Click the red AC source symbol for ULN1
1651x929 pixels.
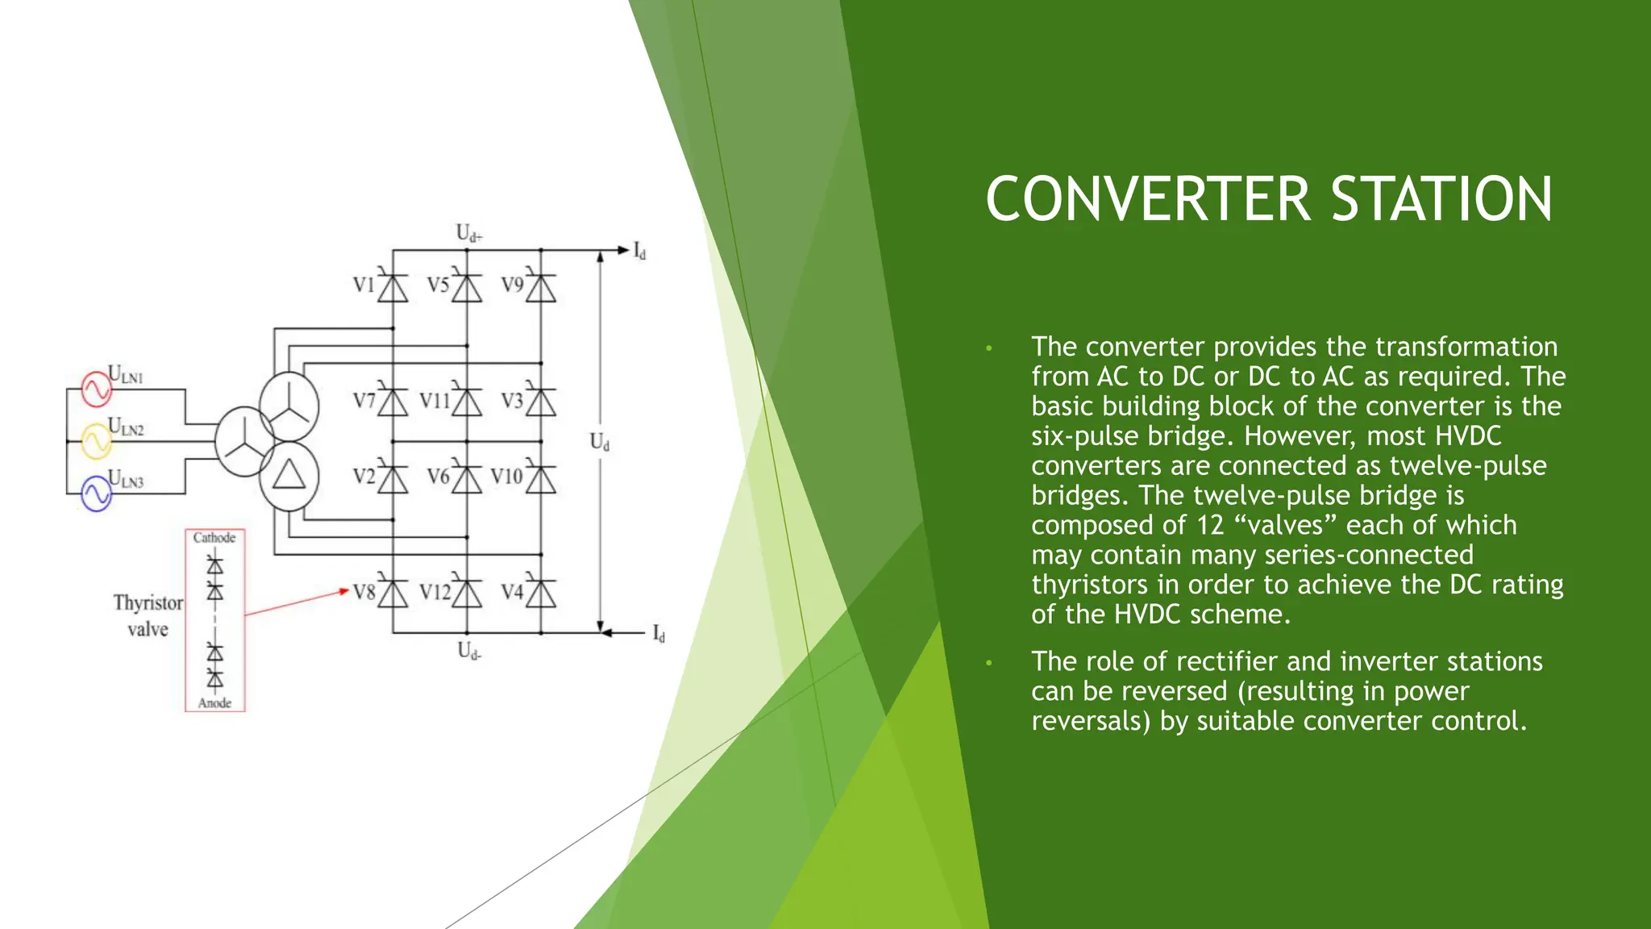(x=96, y=389)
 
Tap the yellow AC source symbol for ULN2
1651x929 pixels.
(x=96, y=441)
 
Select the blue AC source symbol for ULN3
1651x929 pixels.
(x=96, y=494)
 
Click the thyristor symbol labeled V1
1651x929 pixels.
(x=393, y=287)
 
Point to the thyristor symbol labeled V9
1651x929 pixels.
(x=541, y=287)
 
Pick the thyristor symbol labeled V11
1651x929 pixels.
(x=467, y=402)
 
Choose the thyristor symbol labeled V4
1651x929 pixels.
(x=541, y=594)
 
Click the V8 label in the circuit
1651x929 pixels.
(x=364, y=593)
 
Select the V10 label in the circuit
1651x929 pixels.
(x=506, y=477)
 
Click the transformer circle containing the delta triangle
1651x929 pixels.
(x=289, y=476)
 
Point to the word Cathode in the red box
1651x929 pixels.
(x=214, y=538)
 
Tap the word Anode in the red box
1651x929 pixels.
(x=214, y=703)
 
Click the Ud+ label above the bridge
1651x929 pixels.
(x=469, y=234)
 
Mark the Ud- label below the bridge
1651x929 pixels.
(x=469, y=651)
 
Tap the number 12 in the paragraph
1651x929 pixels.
(x=1210, y=526)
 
